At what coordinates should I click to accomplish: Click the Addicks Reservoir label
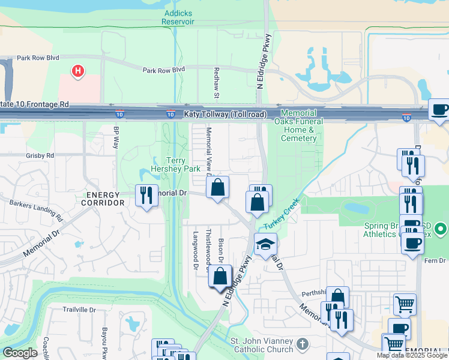click(x=178, y=17)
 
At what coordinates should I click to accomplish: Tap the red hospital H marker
click(x=77, y=72)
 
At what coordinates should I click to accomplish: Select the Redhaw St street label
click(x=217, y=79)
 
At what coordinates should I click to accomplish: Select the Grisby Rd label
click(x=40, y=155)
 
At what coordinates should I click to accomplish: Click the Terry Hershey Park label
click(x=183, y=164)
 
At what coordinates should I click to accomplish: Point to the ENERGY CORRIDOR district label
click(x=105, y=199)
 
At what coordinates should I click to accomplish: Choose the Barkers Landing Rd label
click(x=36, y=208)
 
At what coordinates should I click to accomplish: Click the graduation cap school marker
click(x=265, y=244)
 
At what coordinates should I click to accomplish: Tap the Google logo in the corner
click(x=20, y=353)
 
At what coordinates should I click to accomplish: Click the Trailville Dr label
click(x=79, y=310)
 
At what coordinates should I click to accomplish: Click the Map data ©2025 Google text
click(x=412, y=355)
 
